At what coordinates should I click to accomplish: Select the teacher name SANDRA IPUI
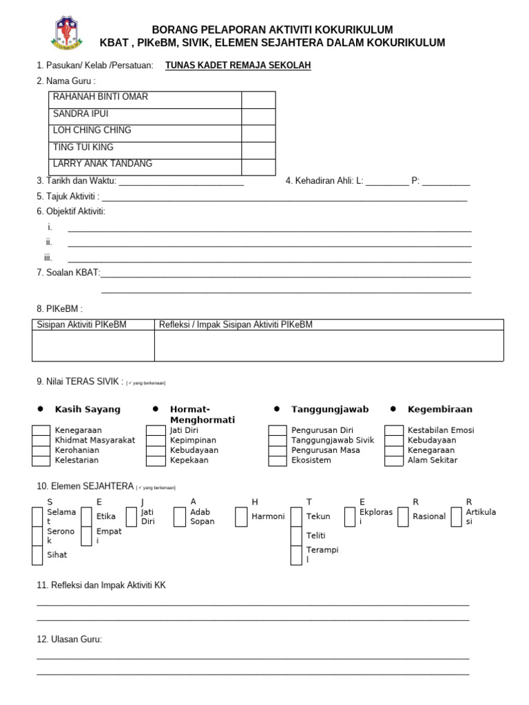pyautogui.click(x=81, y=114)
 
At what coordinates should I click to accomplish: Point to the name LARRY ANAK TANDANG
pyautogui.click(x=103, y=164)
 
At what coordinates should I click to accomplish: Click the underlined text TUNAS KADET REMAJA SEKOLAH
pyautogui.click(x=238, y=65)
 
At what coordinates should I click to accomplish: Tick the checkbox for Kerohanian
pyautogui.click(x=41, y=450)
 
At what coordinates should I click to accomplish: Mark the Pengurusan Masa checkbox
pyautogui.click(x=278, y=450)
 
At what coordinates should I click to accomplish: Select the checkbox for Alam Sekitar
pyautogui.click(x=393, y=461)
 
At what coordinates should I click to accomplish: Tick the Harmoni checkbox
pyautogui.click(x=241, y=517)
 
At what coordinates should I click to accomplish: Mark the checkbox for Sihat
pyautogui.click(x=39, y=555)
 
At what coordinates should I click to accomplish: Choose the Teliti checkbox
pyautogui.click(x=296, y=536)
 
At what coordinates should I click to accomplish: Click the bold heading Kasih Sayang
pyautogui.click(x=87, y=409)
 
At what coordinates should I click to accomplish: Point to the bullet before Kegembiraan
pyautogui.click(x=393, y=409)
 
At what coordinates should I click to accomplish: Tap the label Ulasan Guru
pyautogui.click(x=69, y=640)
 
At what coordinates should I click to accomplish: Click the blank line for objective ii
pyautogui.click(x=269, y=245)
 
